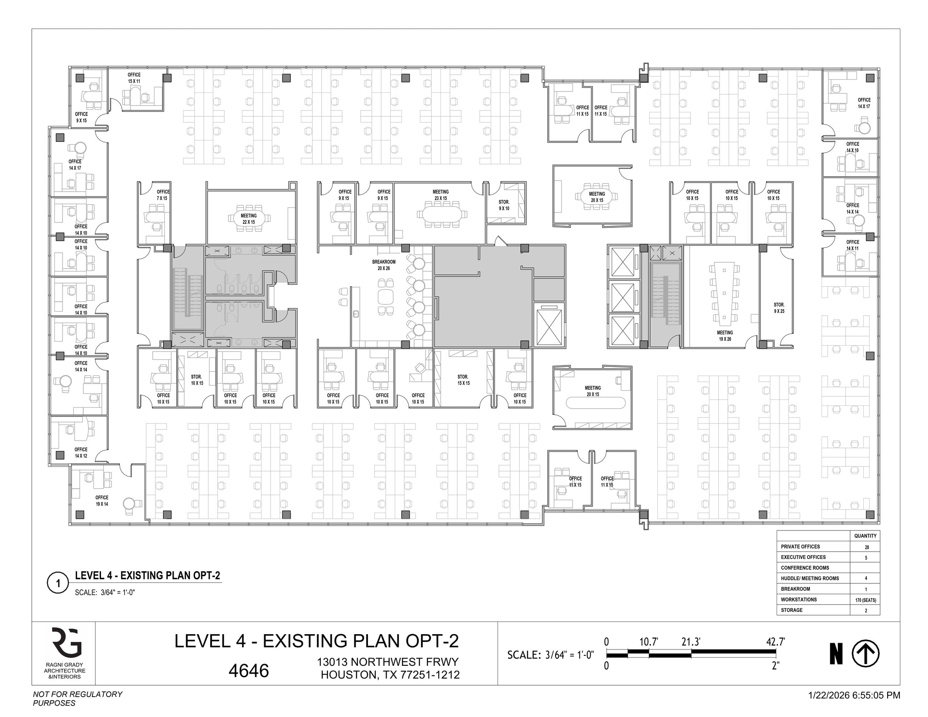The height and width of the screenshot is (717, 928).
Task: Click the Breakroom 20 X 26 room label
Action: (384, 265)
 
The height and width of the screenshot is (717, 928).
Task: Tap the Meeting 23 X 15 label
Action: (440, 195)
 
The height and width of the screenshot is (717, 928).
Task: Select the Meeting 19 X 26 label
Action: (725, 336)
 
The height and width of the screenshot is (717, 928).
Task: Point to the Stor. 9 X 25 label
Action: (779, 308)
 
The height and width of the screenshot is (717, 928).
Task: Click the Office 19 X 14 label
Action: (101, 500)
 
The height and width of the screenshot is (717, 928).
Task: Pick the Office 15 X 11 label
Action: (134, 78)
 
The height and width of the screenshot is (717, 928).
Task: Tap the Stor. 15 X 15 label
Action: (463, 380)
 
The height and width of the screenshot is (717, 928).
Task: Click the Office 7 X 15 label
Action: (163, 195)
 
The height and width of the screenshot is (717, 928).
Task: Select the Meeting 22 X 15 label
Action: (248, 219)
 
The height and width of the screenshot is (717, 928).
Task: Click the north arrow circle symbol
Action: (865, 654)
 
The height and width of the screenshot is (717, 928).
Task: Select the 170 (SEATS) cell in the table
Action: (865, 600)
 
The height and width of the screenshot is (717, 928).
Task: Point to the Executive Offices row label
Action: (803, 557)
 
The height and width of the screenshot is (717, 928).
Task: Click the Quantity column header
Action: (865, 536)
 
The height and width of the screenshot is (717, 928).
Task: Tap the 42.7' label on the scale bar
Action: (775, 642)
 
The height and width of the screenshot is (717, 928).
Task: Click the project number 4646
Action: (248, 671)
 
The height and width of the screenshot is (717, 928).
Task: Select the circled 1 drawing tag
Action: (58, 583)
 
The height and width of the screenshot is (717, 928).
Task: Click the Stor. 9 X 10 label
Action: (504, 205)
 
